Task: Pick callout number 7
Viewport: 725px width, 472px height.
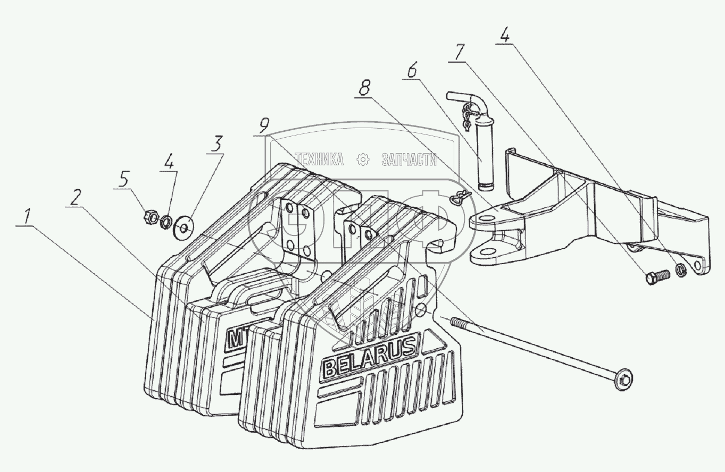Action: [460, 54]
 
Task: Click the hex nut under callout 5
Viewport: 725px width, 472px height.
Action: [150, 216]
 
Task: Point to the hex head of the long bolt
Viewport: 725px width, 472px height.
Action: [620, 382]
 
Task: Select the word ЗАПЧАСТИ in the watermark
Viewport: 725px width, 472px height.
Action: [409, 159]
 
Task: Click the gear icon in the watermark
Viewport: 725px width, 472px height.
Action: [363, 159]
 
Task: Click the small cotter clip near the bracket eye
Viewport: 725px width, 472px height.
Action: [456, 199]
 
